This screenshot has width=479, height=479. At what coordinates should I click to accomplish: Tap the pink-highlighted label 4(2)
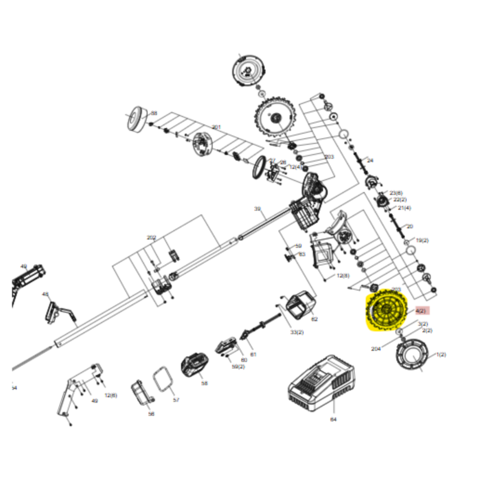pyautogui.click(x=421, y=310)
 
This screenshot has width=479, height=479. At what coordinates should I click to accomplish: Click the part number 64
pyautogui.click(x=333, y=420)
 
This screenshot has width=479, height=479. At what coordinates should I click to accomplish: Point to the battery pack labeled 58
pyautogui.click(x=195, y=365)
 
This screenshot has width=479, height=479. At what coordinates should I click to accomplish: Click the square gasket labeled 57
pyautogui.click(x=162, y=378)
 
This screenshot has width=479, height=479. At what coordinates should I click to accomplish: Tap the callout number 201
pyautogui.click(x=216, y=127)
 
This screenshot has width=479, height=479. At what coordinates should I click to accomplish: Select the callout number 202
pyautogui.click(x=151, y=238)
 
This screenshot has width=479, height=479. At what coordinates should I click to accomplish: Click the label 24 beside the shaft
pyautogui.click(x=369, y=160)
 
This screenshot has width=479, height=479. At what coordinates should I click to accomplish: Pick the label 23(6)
pyautogui.click(x=396, y=193)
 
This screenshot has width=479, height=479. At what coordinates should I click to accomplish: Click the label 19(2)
pyautogui.click(x=422, y=240)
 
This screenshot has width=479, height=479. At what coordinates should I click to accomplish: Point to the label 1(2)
pyautogui.click(x=441, y=354)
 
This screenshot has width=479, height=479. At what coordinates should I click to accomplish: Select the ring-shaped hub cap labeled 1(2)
pyautogui.click(x=413, y=356)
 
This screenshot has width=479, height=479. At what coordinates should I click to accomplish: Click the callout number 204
pyautogui.click(x=376, y=348)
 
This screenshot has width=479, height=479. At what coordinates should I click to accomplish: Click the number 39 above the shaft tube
pyautogui.click(x=257, y=209)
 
